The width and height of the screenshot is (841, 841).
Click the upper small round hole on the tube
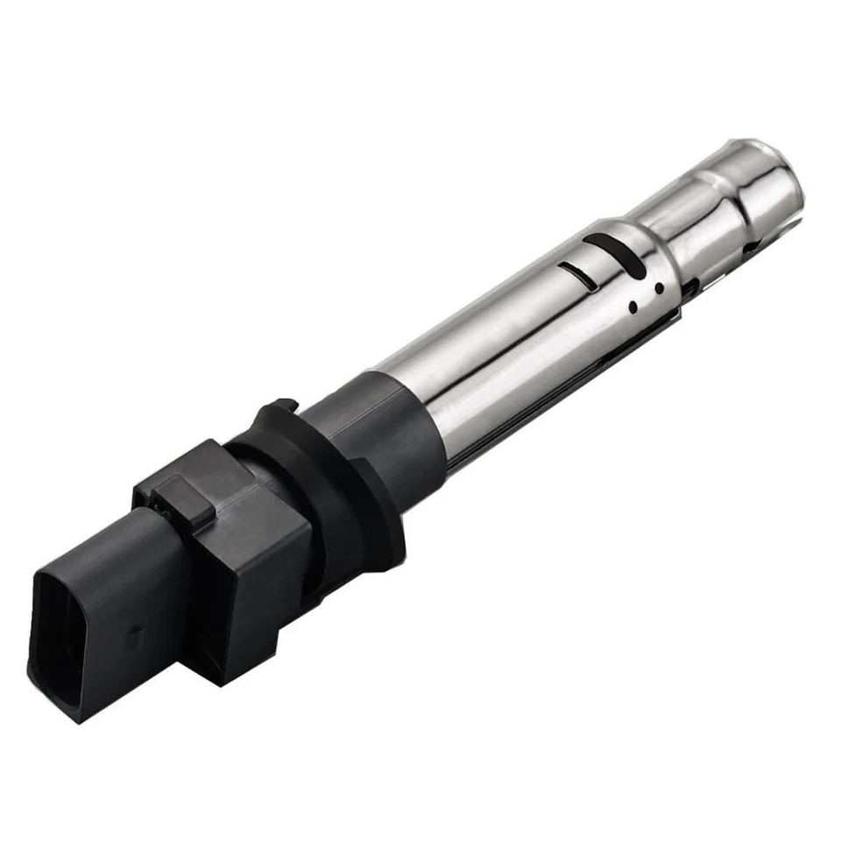pos(655,286)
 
